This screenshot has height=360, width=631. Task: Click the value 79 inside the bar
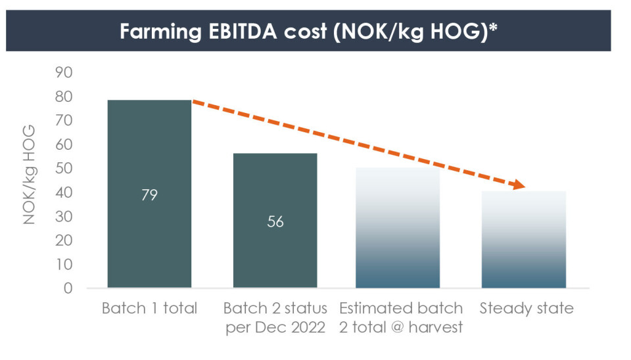click(149, 195)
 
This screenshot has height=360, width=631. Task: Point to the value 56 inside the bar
click(275, 222)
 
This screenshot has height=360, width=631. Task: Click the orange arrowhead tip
click(525, 188)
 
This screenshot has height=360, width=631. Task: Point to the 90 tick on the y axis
click(63, 72)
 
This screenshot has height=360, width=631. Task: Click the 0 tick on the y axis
click(68, 288)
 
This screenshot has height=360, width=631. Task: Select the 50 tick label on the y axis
click(63, 169)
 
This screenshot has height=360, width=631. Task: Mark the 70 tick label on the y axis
click(63, 121)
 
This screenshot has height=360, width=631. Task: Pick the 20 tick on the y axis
click(63, 240)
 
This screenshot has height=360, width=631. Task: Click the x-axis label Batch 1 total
click(149, 308)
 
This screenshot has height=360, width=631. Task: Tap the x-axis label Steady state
click(526, 308)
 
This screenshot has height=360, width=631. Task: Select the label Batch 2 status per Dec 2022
click(275, 318)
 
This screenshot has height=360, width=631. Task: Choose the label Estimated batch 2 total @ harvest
click(401, 318)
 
